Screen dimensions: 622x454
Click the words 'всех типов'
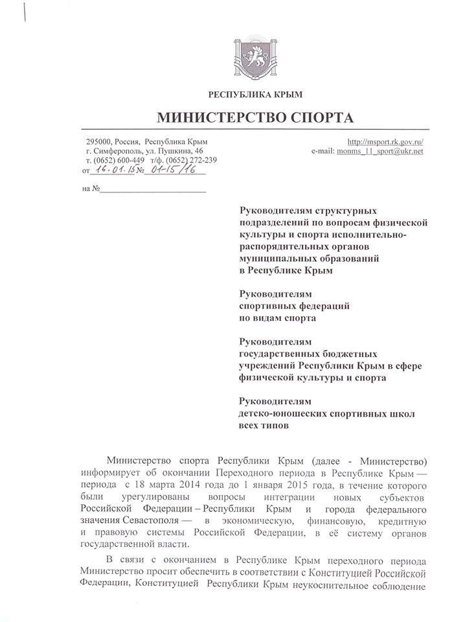(x=262, y=425)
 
